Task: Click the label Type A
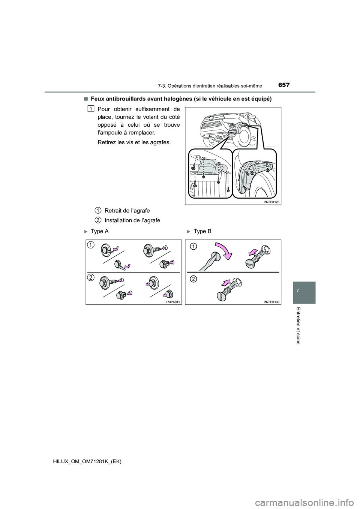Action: click(100, 231)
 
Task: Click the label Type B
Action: click(202, 231)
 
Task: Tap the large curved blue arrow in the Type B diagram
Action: click(224, 251)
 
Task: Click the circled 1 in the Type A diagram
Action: click(91, 245)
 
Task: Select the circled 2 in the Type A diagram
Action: click(91, 277)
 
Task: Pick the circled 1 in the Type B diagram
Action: click(193, 246)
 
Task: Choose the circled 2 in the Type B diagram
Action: click(193, 278)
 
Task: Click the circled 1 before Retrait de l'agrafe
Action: click(97, 210)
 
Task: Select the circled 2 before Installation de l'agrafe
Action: click(97, 220)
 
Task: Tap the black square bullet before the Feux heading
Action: click(86, 99)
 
